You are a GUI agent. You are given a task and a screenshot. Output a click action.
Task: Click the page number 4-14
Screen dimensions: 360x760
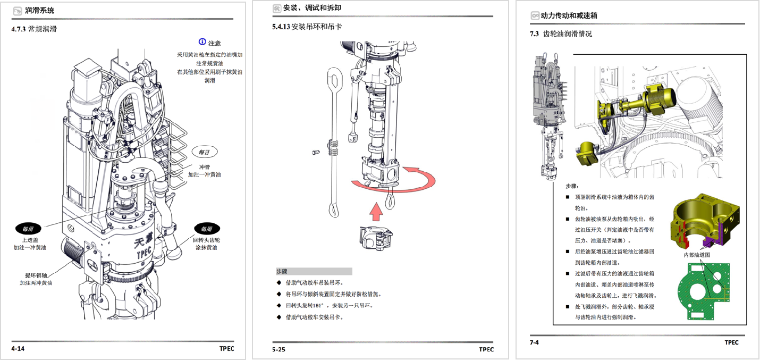tap(18, 349)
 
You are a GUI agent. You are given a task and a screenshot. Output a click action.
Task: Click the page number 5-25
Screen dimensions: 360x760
tap(278, 349)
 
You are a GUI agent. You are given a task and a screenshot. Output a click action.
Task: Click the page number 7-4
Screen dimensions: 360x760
tap(534, 342)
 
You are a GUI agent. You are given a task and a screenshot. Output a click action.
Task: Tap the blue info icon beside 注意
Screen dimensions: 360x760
tap(202, 42)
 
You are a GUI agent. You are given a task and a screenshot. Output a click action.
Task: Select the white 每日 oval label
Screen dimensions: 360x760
tap(204, 152)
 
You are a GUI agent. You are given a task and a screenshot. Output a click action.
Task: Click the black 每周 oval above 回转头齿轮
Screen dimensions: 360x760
tap(207, 229)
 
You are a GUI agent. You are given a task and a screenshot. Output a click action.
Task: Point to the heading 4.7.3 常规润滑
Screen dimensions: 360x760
tap(34, 29)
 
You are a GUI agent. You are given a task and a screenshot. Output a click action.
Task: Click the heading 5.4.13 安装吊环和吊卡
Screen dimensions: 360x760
tap(307, 27)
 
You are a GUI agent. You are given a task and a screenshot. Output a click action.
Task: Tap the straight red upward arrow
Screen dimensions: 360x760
tap(376, 211)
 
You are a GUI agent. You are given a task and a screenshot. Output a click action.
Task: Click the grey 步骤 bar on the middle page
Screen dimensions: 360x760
tap(314, 271)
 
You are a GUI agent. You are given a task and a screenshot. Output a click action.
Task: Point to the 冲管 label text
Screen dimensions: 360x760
tap(204, 166)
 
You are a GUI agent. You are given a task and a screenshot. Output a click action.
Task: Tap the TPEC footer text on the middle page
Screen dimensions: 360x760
tap(486, 349)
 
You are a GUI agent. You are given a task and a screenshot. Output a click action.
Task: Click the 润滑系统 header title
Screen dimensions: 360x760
tap(39, 10)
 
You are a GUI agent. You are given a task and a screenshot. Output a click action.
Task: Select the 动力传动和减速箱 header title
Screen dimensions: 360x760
tap(569, 15)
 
